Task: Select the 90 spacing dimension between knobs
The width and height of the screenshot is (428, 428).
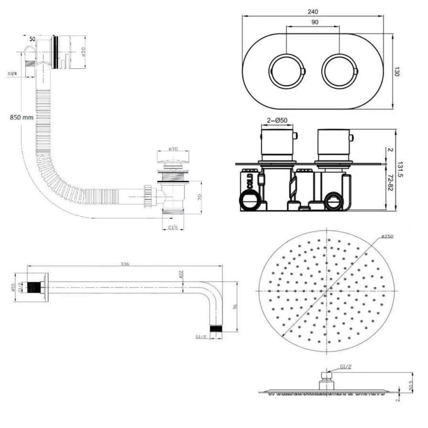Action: [314, 23]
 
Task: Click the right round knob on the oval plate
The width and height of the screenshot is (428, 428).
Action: [339, 71]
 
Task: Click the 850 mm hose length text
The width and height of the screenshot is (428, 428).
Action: [22, 117]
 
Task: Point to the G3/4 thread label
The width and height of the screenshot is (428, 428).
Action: [12, 74]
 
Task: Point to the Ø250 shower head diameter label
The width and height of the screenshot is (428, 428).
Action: [388, 237]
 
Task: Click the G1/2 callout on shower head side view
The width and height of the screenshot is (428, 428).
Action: [346, 367]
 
